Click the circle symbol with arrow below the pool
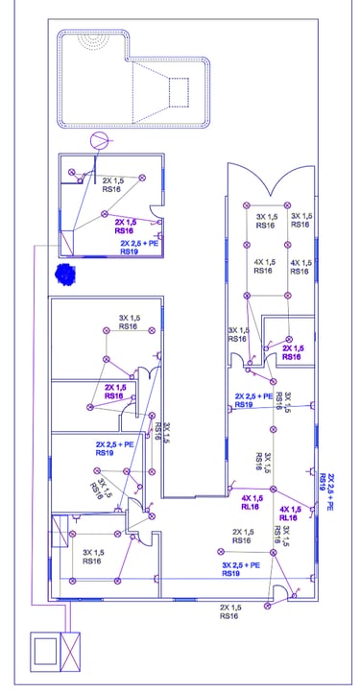[x=100, y=141]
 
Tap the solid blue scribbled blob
[x=65, y=274]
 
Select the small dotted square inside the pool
[x=179, y=92]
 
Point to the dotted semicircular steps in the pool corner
[x=93, y=41]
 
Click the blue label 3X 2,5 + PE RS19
[x=241, y=569]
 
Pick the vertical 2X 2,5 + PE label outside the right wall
[x=326, y=491]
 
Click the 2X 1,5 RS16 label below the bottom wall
[x=230, y=611]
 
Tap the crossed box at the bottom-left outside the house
[x=70, y=652]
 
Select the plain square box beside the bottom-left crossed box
[x=45, y=652]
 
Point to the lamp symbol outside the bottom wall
[x=267, y=606]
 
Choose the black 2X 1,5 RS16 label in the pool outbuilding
[x=113, y=184]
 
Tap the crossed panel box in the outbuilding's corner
[x=67, y=243]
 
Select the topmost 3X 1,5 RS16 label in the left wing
[x=130, y=322]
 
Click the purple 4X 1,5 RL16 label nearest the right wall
[x=291, y=514]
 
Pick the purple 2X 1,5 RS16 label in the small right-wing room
[x=293, y=352]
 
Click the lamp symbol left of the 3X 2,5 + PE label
[x=221, y=551]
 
